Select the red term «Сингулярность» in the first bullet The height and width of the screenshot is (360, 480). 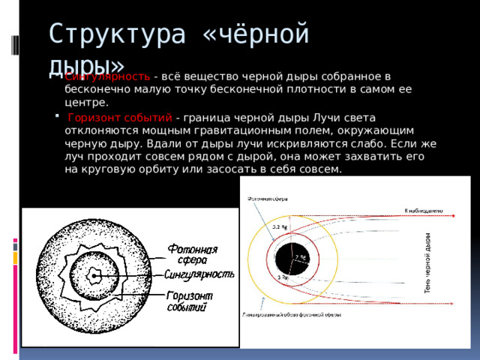[107, 76]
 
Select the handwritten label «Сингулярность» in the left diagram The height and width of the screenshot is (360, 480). [200, 274]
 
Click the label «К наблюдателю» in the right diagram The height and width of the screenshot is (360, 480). [424, 211]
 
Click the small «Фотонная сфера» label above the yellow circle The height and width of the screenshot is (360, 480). [259, 198]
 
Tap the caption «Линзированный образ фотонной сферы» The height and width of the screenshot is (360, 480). [291, 315]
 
